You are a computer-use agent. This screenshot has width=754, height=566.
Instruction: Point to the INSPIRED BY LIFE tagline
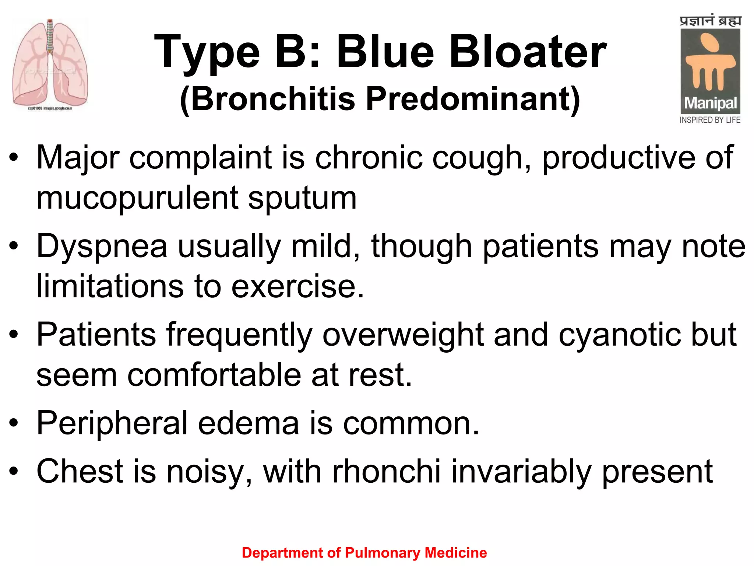pyautogui.click(x=710, y=120)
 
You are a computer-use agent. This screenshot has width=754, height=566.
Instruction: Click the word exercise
pyautogui.click(x=297, y=287)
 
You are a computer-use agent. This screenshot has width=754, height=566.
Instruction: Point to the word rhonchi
pyautogui.click(x=386, y=472)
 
